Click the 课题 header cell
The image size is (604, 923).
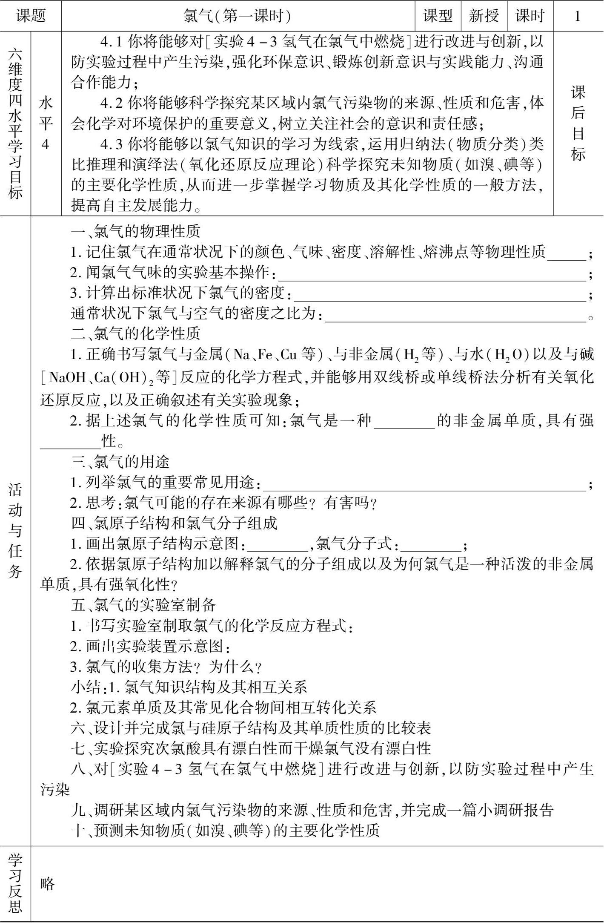(x=31, y=16)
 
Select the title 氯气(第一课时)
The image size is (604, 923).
(x=238, y=16)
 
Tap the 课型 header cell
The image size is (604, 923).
(x=438, y=16)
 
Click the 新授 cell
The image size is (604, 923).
(x=484, y=16)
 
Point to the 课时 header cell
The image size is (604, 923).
(x=530, y=16)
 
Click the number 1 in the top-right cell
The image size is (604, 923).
(x=578, y=16)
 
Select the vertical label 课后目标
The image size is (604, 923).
(x=578, y=123)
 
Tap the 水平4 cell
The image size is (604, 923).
(x=46, y=123)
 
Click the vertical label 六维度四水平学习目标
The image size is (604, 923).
(x=15, y=123)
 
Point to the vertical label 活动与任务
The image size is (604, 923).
(x=15, y=530)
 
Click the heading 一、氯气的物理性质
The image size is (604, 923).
(x=135, y=231)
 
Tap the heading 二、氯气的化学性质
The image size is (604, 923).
(x=135, y=333)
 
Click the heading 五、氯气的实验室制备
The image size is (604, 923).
(x=143, y=605)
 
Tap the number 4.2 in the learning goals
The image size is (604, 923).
(x=112, y=104)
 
